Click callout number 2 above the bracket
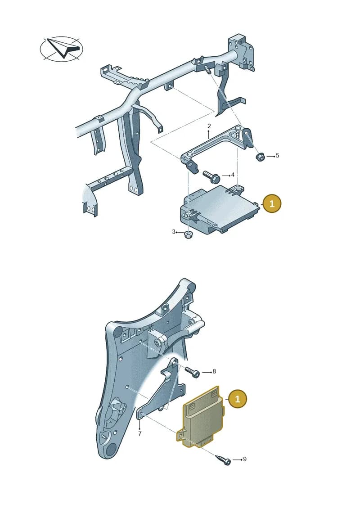(209, 126)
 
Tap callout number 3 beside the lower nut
(174, 232)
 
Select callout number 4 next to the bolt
(233, 175)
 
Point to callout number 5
(277, 156)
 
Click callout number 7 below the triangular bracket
(140, 433)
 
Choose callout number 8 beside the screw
(214, 371)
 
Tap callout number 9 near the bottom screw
(245, 459)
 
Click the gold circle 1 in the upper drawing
(272, 203)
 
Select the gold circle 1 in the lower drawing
(238, 399)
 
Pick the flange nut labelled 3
(187, 235)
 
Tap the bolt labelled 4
(211, 176)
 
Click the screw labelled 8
(193, 372)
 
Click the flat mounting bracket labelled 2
(217, 146)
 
